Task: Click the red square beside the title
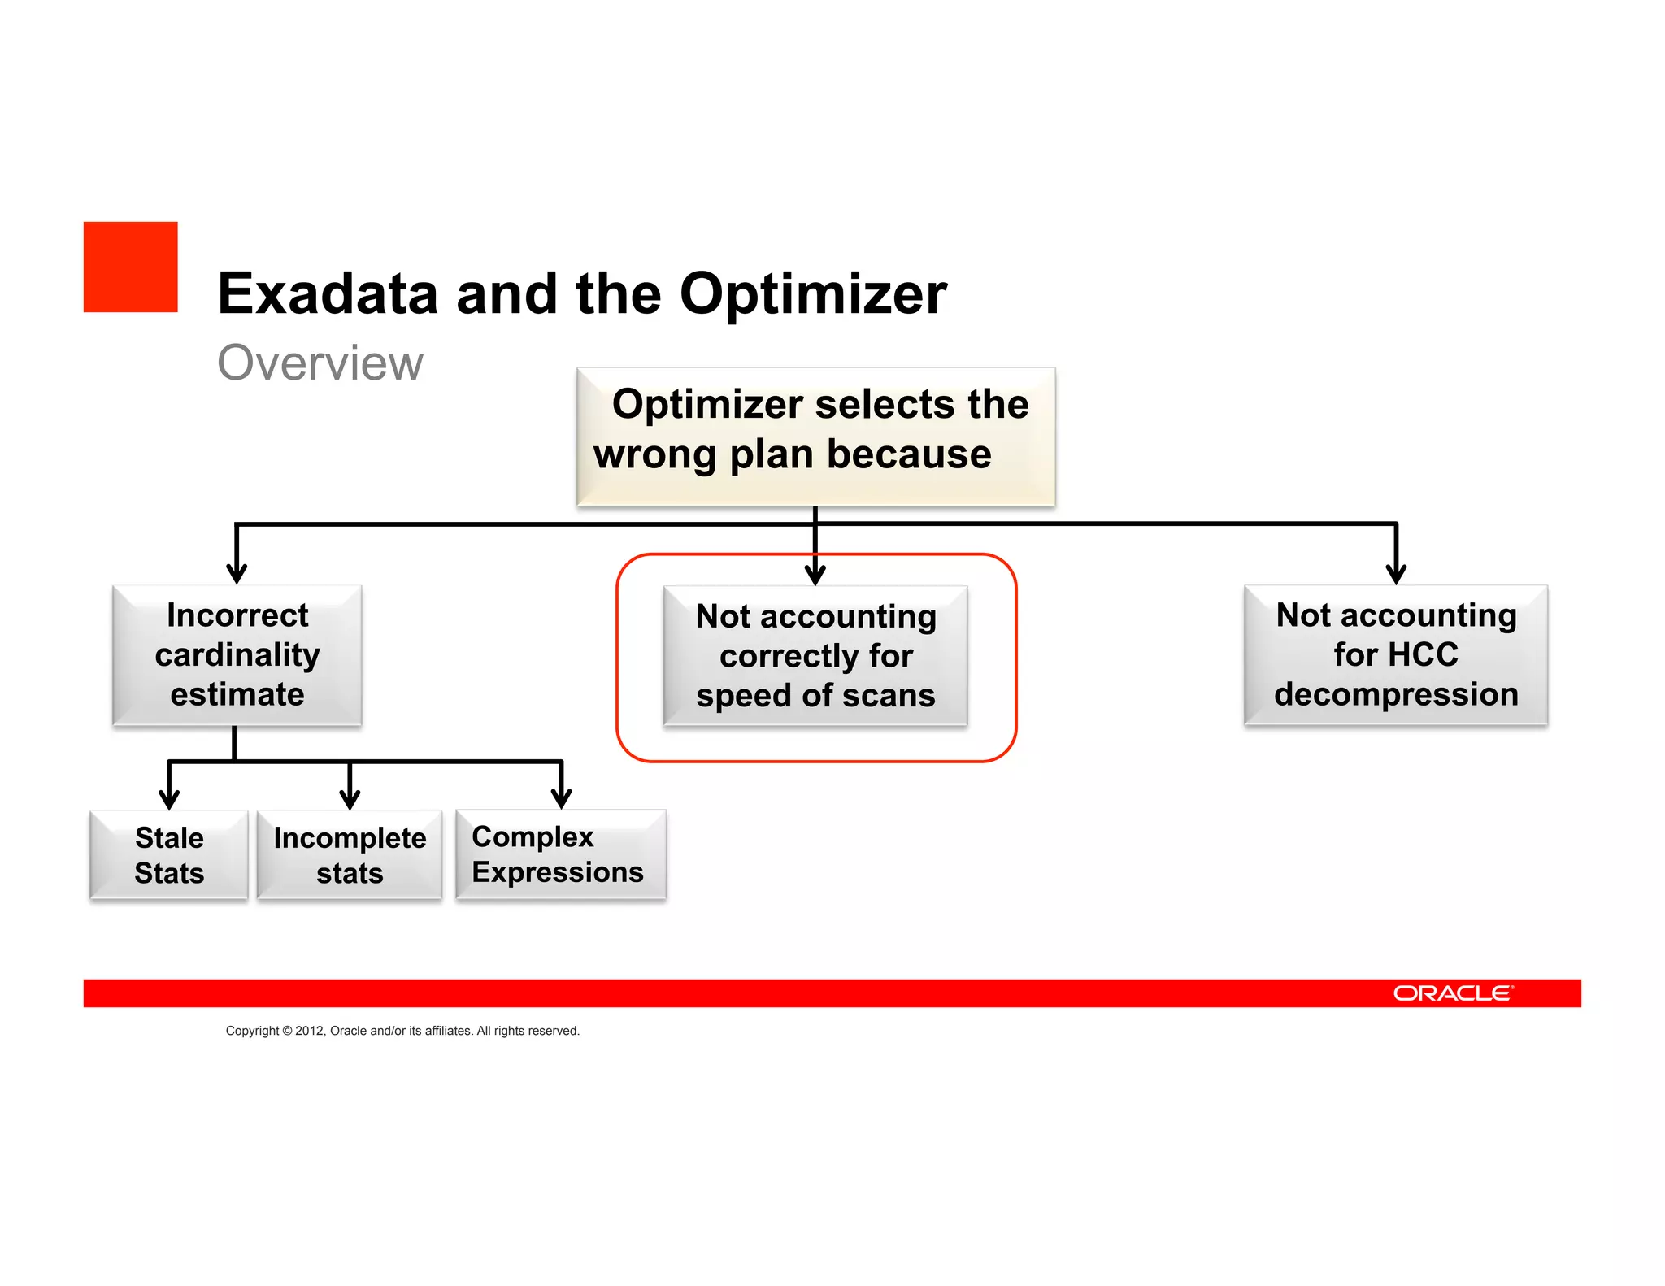point(130,267)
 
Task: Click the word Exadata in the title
point(328,293)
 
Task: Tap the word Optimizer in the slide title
point(813,293)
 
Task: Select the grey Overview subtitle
point(320,363)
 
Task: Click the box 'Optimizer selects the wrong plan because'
point(815,437)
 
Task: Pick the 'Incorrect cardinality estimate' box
point(237,654)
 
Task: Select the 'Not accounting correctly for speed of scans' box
point(815,655)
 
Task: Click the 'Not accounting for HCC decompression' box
point(1396,654)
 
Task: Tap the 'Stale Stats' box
point(169,855)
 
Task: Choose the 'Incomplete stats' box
point(350,855)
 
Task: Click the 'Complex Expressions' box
point(561,854)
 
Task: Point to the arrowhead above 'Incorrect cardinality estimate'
point(237,573)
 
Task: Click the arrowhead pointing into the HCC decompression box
point(1396,573)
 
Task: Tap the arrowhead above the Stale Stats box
point(169,798)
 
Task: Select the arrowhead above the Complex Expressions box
point(561,798)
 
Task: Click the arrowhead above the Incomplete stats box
point(350,798)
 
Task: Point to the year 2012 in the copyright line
point(309,1031)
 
